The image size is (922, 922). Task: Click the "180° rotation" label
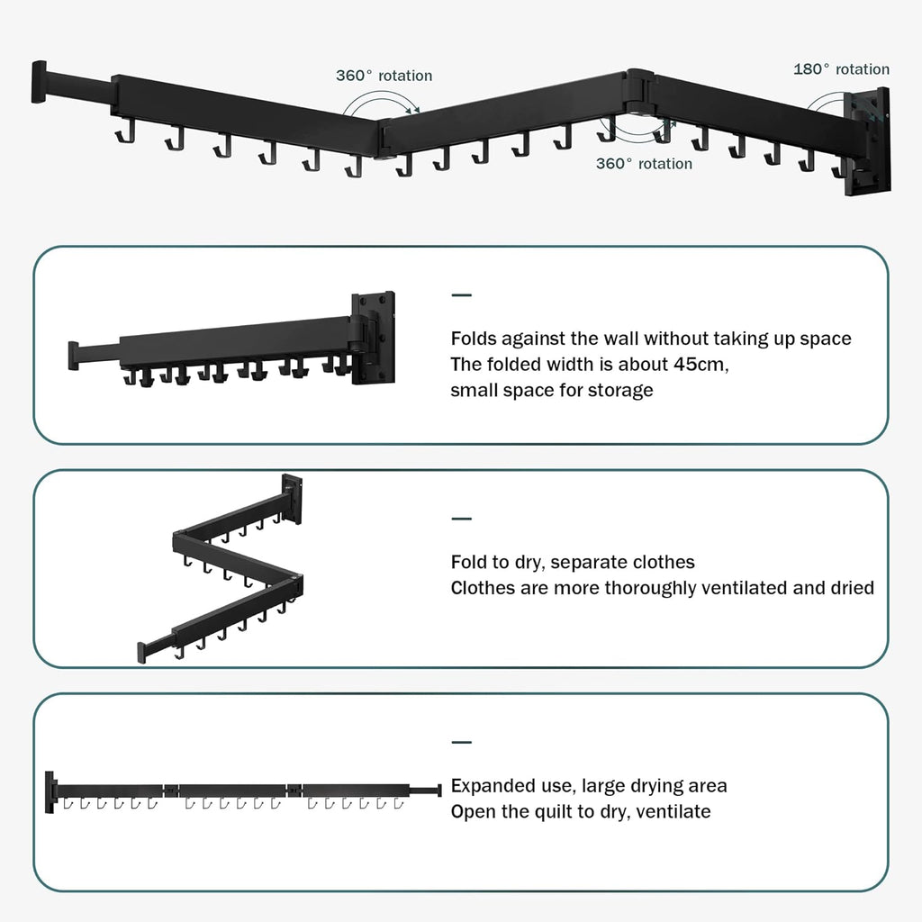coord(841,69)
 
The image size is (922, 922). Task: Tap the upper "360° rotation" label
coord(384,76)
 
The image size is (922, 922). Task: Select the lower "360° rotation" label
coord(644,164)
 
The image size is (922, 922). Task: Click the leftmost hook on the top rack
coord(121,135)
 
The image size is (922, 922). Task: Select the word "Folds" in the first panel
coord(475,339)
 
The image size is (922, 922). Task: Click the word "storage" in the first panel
coord(619,391)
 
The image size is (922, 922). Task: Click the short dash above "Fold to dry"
coord(461,519)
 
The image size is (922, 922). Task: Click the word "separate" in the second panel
coord(586,562)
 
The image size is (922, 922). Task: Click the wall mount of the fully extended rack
coord(50,791)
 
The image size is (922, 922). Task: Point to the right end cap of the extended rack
coord(438,790)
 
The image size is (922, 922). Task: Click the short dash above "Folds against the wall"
coord(461,295)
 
